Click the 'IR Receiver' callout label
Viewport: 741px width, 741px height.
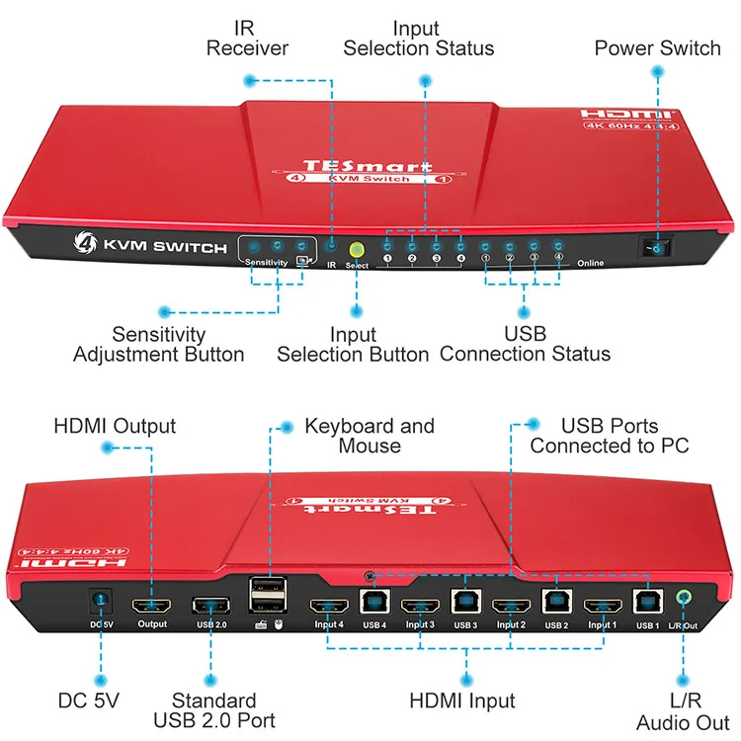(x=247, y=37)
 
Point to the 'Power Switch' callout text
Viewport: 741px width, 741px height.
(x=657, y=47)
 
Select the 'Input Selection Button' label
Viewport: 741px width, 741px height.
(x=353, y=344)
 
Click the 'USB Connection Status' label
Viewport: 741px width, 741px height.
(x=525, y=344)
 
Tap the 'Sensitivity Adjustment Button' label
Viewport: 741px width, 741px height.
(x=158, y=344)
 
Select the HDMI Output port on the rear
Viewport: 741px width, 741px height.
(x=153, y=606)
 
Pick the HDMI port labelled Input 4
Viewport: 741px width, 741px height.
(x=329, y=606)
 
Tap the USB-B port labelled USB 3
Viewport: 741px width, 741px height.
(x=465, y=601)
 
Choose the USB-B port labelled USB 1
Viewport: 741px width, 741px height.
(x=646, y=601)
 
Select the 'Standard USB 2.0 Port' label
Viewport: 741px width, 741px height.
(x=214, y=710)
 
